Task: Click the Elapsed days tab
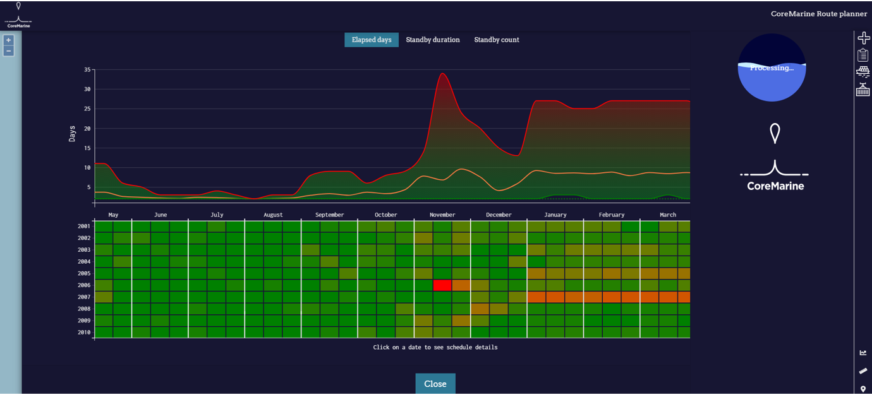pyautogui.click(x=372, y=40)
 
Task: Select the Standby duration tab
pyautogui.click(x=432, y=40)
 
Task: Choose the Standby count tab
pyautogui.click(x=496, y=40)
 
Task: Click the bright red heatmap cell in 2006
pyautogui.click(x=442, y=285)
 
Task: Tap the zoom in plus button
pyautogui.click(x=9, y=40)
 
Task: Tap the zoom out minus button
pyautogui.click(x=9, y=51)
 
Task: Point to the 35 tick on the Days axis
pyautogui.click(x=87, y=69)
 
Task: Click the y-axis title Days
pyautogui.click(x=72, y=133)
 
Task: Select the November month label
pyautogui.click(x=442, y=215)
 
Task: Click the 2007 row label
pyautogui.click(x=84, y=297)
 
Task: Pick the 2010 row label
pyautogui.click(x=84, y=333)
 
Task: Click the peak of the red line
pyautogui.click(x=442, y=73)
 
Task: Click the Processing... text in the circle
pyautogui.click(x=772, y=68)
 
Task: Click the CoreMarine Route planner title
pyautogui.click(x=819, y=14)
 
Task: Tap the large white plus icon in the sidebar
pyautogui.click(x=863, y=38)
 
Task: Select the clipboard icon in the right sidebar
pyautogui.click(x=863, y=55)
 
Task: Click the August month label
pyautogui.click(x=273, y=215)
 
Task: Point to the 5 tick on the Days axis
pyautogui.click(x=88, y=187)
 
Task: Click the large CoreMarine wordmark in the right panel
pyautogui.click(x=775, y=186)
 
